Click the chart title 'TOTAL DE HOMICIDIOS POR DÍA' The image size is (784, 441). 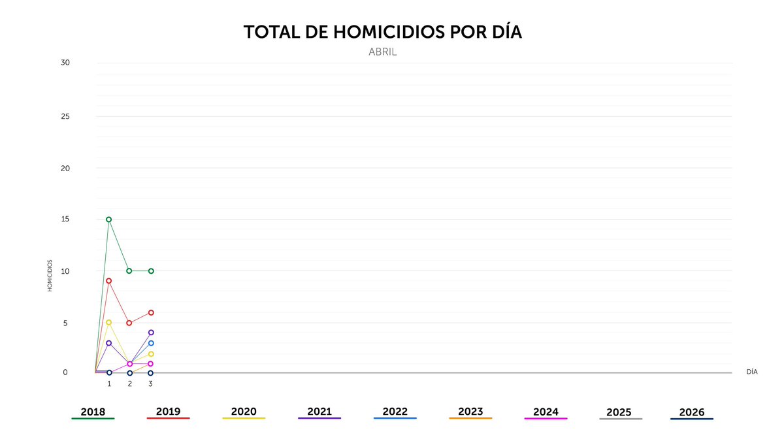pyautogui.click(x=383, y=33)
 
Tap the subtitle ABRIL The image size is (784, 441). pyautogui.click(x=383, y=52)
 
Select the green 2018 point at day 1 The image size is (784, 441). pyautogui.click(x=108, y=220)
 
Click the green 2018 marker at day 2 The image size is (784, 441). pyautogui.click(x=129, y=270)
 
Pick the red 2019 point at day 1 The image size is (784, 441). pyautogui.click(x=108, y=281)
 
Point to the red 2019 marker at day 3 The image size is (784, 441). pyautogui.click(x=151, y=312)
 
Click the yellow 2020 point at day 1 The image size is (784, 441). pyautogui.click(x=108, y=322)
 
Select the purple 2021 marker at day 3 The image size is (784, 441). pyautogui.click(x=151, y=333)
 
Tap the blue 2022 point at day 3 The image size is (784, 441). pyautogui.click(x=151, y=343)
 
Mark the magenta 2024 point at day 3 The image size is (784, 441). pyautogui.click(x=151, y=363)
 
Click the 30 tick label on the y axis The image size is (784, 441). pyautogui.click(x=65, y=63)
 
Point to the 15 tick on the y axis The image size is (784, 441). pyautogui.click(x=65, y=220)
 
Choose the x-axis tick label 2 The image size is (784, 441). pyautogui.click(x=129, y=384)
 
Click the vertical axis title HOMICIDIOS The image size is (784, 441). pyautogui.click(x=50, y=276)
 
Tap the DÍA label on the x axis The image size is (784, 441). pyautogui.click(x=752, y=371)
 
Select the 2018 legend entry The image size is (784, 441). pyautogui.click(x=93, y=412)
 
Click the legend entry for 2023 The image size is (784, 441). pyautogui.click(x=470, y=412)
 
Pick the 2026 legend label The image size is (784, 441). pyautogui.click(x=692, y=412)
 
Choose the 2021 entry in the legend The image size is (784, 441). pyautogui.click(x=319, y=412)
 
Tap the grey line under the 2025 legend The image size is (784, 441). pyautogui.click(x=621, y=419)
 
